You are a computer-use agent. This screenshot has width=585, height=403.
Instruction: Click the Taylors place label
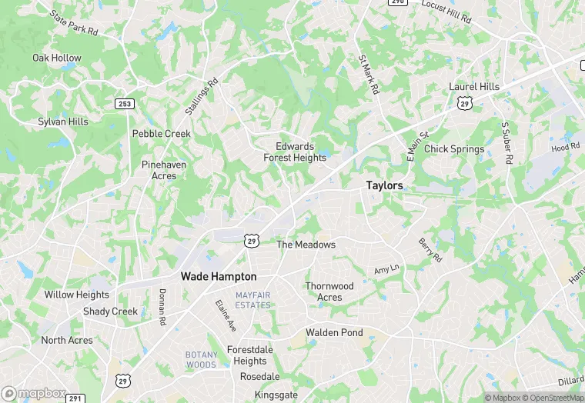coord(384,185)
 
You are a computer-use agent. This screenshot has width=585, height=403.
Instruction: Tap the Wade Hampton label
coord(219,276)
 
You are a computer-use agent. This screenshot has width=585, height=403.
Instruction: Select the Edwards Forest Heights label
coord(295,152)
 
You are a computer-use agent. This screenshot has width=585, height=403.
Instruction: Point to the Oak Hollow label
coord(56,58)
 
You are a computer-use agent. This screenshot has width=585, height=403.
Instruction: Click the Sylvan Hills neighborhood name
coord(63,122)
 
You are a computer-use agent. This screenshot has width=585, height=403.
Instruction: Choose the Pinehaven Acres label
coord(159,170)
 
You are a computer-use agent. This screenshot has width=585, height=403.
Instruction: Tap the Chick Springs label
coord(454,149)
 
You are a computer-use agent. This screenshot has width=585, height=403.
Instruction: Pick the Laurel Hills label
coord(474,87)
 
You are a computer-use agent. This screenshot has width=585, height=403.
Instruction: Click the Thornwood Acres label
coord(329,291)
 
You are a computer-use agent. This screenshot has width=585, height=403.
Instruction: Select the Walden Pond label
coord(334,332)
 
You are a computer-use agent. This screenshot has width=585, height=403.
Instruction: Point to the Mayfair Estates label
coord(253,300)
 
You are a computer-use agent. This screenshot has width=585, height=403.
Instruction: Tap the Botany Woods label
coord(201,359)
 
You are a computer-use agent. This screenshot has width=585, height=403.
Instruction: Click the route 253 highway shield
coord(125,103)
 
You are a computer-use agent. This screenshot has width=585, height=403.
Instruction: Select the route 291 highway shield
coord(75,398)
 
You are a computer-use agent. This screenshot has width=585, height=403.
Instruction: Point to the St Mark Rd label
coord(369,74)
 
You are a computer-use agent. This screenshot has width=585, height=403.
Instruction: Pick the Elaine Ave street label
coord(226,316)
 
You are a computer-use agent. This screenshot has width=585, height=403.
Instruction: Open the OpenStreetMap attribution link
coord(553,398)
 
